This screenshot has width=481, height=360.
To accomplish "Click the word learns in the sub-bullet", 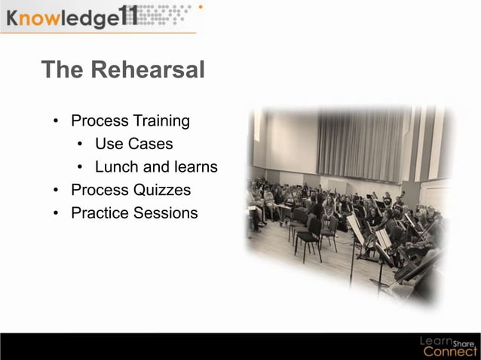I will (195, 167).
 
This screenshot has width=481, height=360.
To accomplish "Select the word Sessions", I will (165, 213).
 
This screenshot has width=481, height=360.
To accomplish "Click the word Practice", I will (100, 213).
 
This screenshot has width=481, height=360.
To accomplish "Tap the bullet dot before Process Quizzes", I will (56, 191).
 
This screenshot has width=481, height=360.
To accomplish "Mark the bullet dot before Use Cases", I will (80, 145).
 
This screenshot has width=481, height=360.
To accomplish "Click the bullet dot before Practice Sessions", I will (56, 214).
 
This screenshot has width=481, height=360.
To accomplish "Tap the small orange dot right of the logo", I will (200, 7).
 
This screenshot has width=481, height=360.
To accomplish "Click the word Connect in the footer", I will (450, 351).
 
